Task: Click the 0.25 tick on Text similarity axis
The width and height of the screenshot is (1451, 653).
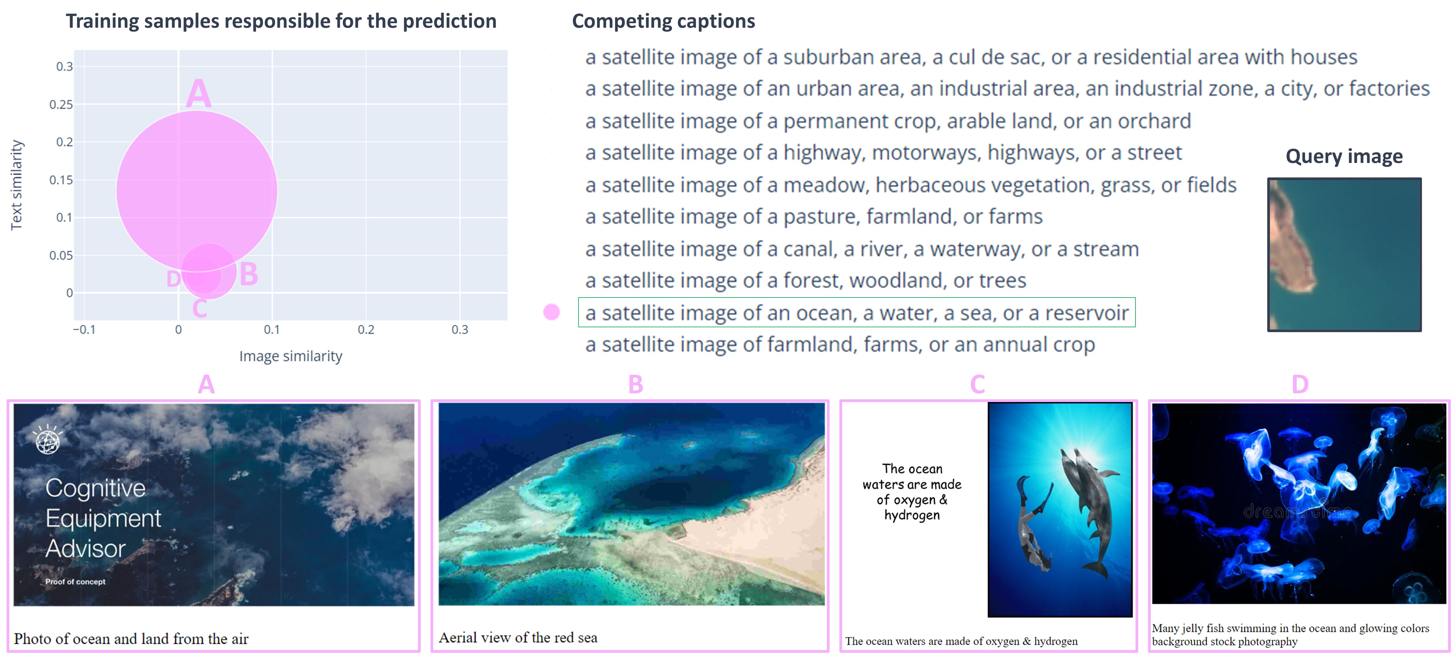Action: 61,104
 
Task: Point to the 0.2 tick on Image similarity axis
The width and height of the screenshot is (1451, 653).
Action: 366,330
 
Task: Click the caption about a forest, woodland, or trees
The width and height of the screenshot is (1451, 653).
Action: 806,281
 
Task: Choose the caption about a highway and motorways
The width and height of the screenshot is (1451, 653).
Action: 883,153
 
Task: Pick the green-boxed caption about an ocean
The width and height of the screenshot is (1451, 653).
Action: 857,313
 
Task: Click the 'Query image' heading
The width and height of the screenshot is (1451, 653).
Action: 1344,156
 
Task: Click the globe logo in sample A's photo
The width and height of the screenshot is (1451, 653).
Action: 48,440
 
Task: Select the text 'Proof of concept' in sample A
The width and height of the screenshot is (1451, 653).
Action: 75,582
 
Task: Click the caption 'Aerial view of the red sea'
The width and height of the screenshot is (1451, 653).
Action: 518,637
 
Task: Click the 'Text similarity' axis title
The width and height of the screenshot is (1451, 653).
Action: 16,185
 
